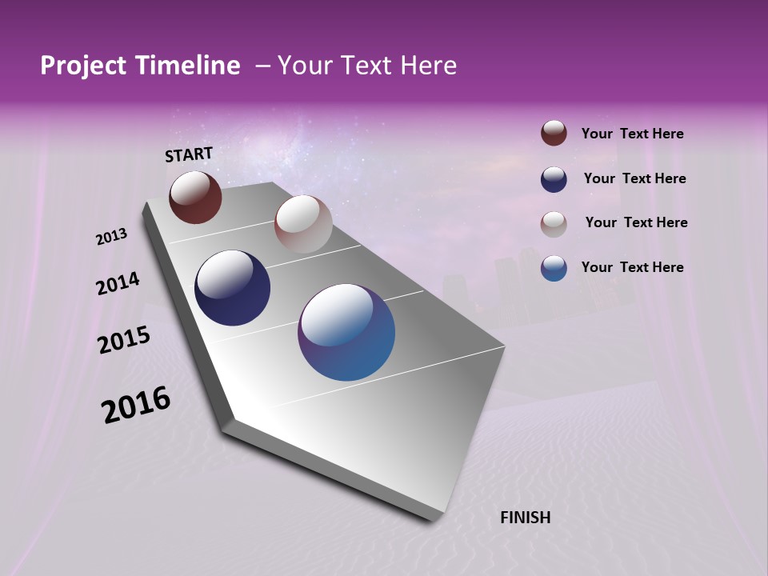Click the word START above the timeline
click(x=189, y=154)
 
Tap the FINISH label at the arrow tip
click(x=525, y=518)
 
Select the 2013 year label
click(x=112, y=237)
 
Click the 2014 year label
click(x=118, y=283)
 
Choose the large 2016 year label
click(x=136, y=405)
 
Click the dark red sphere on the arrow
click(x=195, y=197)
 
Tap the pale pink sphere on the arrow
click(x=303, y=224)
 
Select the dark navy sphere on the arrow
click(x=233, y=288)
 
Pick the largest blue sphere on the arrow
click(x=346, y=332)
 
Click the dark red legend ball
click(x=554, y=133)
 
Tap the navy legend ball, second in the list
click(x=554, y=178)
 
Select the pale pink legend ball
click(x=554, y=223)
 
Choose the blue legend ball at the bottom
click(x=554, y=267)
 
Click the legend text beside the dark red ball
click(x=632, y=134)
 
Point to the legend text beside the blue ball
click(x=632, y=267)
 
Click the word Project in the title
click(x=83, y=66)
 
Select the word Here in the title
click(x=428, y=66)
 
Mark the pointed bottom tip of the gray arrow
click(x=434, y=521)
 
